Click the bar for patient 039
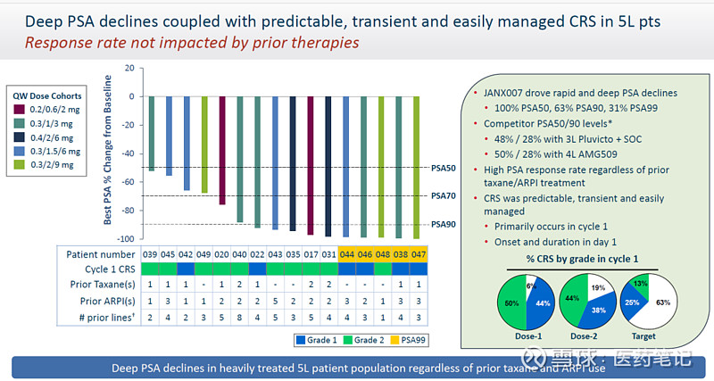point(152,133)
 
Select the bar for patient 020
point(222,150)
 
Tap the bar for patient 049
point(204,144)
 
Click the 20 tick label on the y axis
point(129,68)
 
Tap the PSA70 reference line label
point(443,195)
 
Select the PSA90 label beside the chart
point(443,224)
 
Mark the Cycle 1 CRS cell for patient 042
point(187,269)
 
